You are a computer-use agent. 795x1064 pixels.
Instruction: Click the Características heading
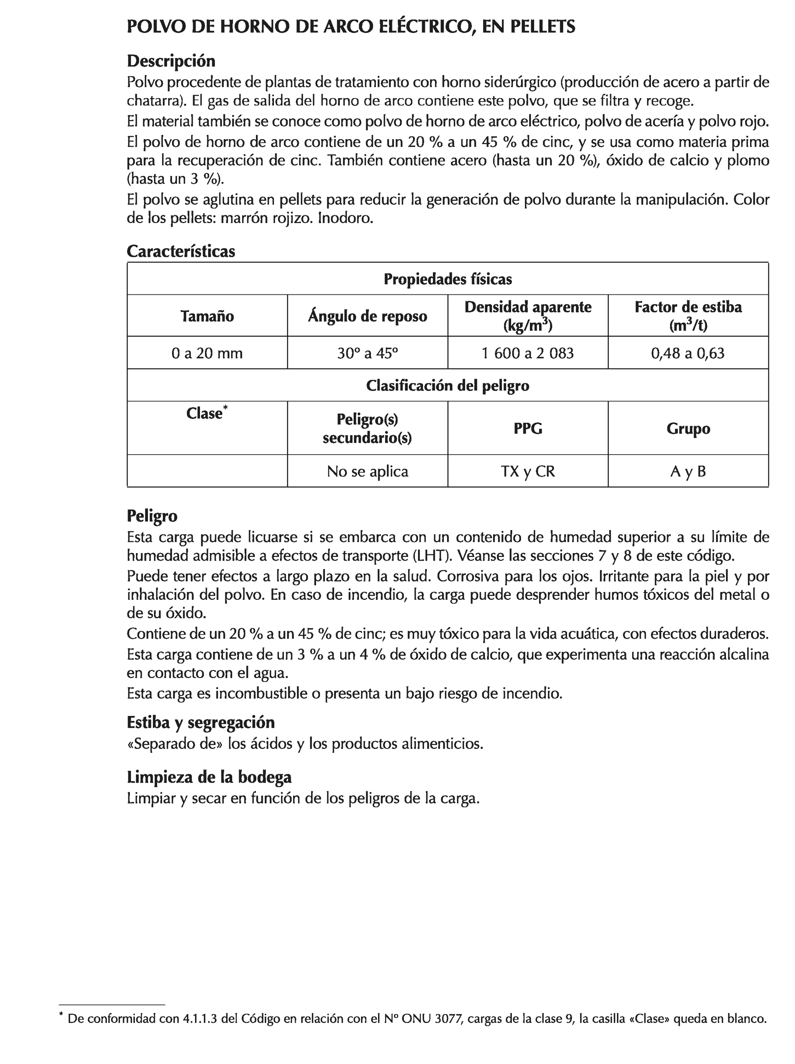181,251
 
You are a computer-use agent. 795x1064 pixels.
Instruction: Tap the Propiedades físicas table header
447,279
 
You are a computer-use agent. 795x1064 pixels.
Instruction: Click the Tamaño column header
207,316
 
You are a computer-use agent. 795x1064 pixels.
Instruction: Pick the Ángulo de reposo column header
367,316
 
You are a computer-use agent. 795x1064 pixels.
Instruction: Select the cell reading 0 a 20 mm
207,353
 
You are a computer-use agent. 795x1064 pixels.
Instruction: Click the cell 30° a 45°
367,353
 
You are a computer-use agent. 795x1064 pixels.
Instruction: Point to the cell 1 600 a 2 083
528,353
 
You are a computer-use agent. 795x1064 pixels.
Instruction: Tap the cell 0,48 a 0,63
688,353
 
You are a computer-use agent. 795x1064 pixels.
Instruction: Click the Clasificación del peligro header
447,385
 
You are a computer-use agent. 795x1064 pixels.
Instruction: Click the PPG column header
528,428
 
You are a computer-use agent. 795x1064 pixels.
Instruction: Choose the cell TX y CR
528,471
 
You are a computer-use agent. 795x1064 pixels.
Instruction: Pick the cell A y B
688,471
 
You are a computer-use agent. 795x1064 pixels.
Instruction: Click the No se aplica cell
367,471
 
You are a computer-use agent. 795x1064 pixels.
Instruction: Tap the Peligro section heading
152,516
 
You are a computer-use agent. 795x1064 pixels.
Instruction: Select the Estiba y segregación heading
200,722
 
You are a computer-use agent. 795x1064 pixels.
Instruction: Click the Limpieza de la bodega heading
209,777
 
